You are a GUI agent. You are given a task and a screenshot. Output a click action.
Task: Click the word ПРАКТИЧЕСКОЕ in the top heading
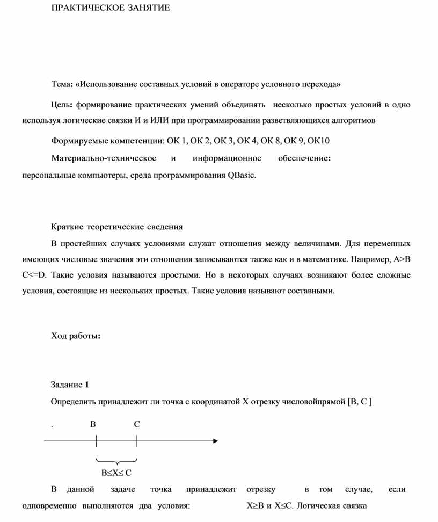tap(83, 8)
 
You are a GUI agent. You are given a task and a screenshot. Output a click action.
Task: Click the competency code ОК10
tap(319, 141)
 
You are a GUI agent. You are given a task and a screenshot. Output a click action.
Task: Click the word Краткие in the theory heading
tap(67, 227)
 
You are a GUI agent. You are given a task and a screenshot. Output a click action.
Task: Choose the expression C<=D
tap(35, 275)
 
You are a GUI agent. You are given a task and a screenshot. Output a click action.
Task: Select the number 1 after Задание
tap(87, 385)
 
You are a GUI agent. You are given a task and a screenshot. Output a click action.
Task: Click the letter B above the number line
tap(93, 424)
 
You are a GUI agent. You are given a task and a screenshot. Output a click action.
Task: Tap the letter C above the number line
tap(137, 424)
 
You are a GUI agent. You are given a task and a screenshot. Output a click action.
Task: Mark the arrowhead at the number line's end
tap(215, 441)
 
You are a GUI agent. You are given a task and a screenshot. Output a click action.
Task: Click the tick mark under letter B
tap(96, 441)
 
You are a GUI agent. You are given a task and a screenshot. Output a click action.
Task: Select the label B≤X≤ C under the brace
tap(116, 473)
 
